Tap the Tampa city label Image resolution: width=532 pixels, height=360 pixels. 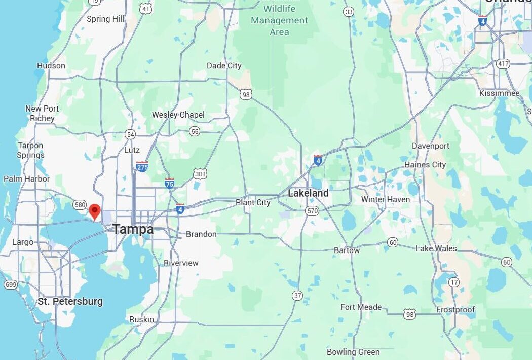(133, 229)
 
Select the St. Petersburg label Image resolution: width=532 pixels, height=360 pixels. (70, 301)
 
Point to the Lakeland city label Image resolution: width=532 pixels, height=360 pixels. (308, 193)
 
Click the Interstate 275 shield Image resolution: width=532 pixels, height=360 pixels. (142, 166)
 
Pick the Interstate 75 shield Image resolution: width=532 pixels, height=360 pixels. (170, 183)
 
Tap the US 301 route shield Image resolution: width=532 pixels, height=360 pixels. (200, 174)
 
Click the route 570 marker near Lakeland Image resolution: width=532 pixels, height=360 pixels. (312, 211)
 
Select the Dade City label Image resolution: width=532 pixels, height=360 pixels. (224, 66)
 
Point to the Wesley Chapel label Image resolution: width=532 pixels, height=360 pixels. (178, 115)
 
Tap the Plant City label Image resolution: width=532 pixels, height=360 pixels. (253, 202)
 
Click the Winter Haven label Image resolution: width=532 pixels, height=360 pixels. (385, 199)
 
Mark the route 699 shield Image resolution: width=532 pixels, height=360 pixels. (11, 285)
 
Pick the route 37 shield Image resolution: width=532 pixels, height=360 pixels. (298, 295)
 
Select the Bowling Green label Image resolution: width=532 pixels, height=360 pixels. (353, 352)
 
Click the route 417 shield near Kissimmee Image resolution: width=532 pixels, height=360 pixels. (503, 64)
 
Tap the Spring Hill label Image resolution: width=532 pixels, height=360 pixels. (105, 19)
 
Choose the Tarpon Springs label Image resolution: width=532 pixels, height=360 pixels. (30, 151)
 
